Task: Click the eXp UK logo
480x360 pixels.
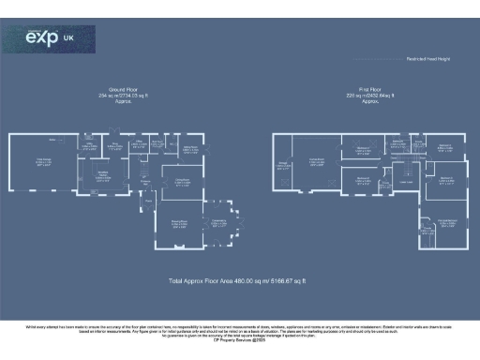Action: (x=46, y=39)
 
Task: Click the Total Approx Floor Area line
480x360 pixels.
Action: (x=240, y=280)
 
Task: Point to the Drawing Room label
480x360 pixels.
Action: (x=180, y=223)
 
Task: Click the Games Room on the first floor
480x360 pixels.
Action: (x=317, y=161)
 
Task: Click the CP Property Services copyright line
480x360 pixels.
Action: (x=240, y=337)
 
